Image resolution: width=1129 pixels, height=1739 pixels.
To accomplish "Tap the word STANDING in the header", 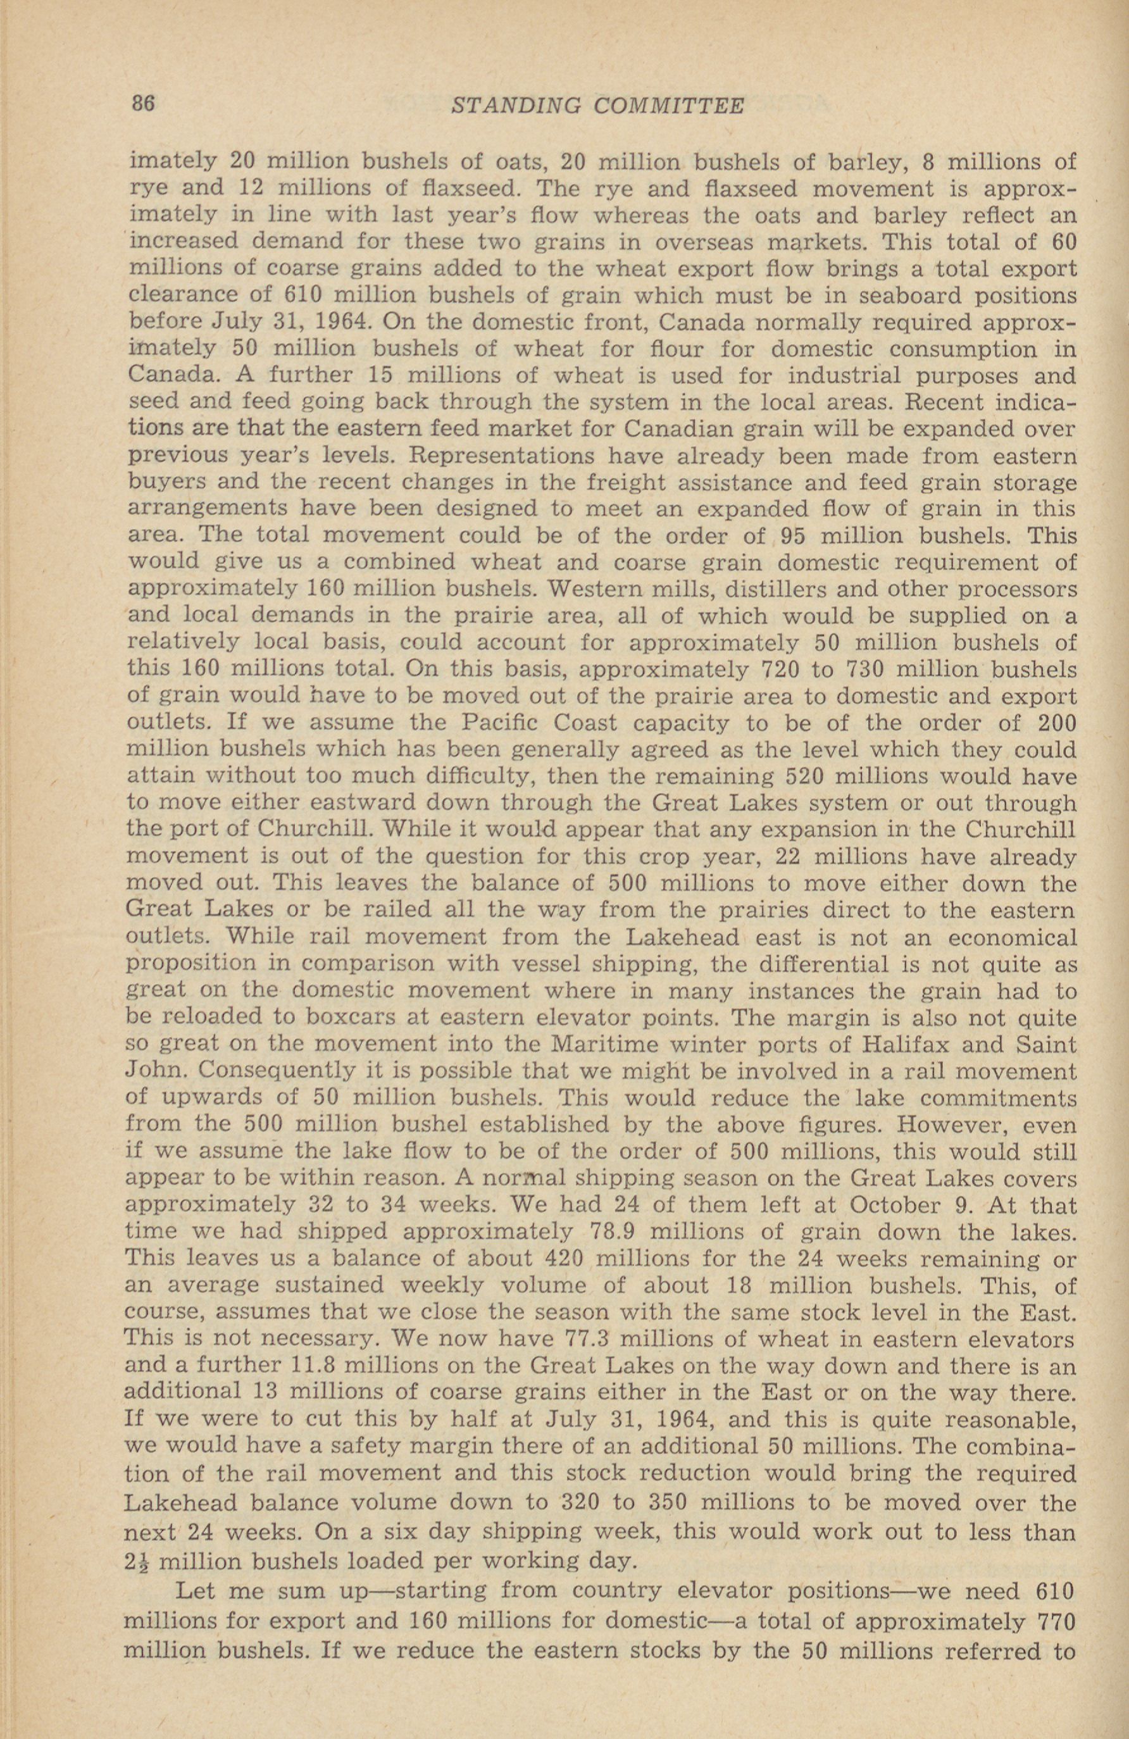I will (x=515, y=107).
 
